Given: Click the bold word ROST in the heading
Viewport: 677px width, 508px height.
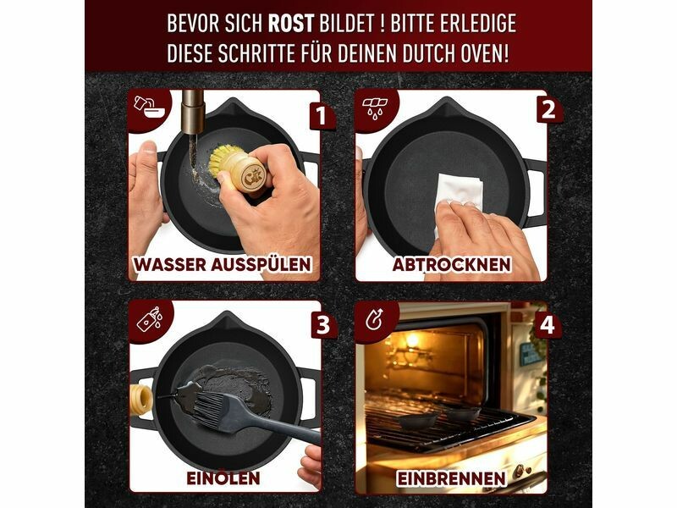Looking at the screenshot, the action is (x=290, y=24).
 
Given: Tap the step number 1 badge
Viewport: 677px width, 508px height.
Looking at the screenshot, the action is (x=321, y=116).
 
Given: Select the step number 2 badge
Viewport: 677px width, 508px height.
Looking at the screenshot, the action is (x=548, y=110).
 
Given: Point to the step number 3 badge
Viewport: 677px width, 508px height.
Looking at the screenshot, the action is (x=323, y=325).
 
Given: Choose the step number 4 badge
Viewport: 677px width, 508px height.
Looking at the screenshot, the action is (x=548, y=325).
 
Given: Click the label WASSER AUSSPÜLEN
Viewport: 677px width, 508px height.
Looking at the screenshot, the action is (x=223, y=264).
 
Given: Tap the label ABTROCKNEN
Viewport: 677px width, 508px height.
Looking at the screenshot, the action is (x=452, y=264).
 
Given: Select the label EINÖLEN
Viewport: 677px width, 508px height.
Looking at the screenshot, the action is (x=223, y=478).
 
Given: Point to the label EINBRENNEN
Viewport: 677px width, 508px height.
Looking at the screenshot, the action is (x=451, y=478).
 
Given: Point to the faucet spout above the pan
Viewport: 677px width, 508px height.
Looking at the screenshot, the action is (x=193, y=112).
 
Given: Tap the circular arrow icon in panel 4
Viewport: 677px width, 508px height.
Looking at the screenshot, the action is (x=374, y=320).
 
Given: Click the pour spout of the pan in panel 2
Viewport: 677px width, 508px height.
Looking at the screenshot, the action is (x=447, y=104).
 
